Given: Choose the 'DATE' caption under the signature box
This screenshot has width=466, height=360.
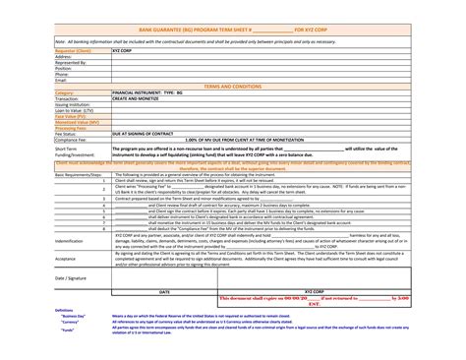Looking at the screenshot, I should click(165, 292).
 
